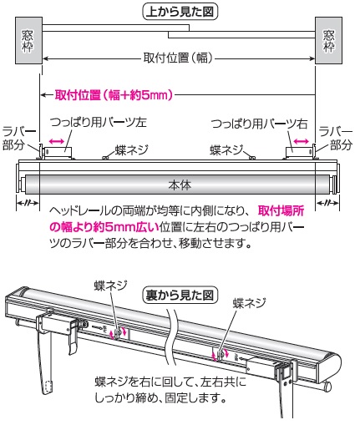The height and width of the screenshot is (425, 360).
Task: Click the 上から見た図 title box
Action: pos(180,12)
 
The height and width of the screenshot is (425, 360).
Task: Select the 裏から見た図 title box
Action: pos(180,295)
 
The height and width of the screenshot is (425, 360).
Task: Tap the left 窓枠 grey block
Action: pos(28,40)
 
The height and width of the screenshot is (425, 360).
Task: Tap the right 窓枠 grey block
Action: pos(328,40)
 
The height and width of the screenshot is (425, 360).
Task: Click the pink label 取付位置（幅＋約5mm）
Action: pos(114,95)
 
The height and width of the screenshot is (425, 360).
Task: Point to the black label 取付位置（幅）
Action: pos(178,58)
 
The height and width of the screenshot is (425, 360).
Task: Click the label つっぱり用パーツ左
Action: pos(99,122)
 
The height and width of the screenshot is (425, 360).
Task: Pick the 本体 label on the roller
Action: pos(180,185)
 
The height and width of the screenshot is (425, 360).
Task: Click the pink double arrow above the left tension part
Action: pos(57,141)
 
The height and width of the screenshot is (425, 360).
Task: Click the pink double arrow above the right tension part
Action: pos(302,141)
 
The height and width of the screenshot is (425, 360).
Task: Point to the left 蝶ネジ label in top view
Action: pos(131,149)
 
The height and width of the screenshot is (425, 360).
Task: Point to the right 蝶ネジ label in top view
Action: pos(226,149)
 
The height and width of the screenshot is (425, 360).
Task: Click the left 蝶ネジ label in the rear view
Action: pos(111,286)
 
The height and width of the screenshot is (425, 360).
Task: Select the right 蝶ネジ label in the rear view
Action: pos(250,303)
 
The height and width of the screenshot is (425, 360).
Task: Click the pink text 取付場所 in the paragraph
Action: pos(281,211)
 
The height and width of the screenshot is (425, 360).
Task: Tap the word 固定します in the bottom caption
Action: pos(195,398)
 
